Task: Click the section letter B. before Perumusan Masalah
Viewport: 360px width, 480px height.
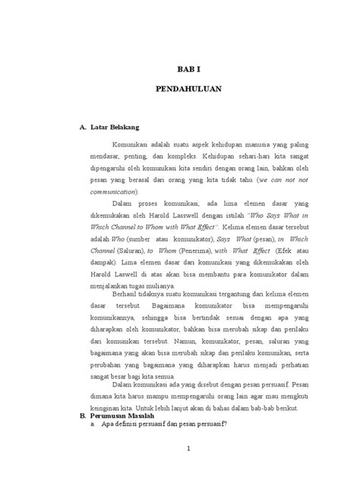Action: pos(83,417)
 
